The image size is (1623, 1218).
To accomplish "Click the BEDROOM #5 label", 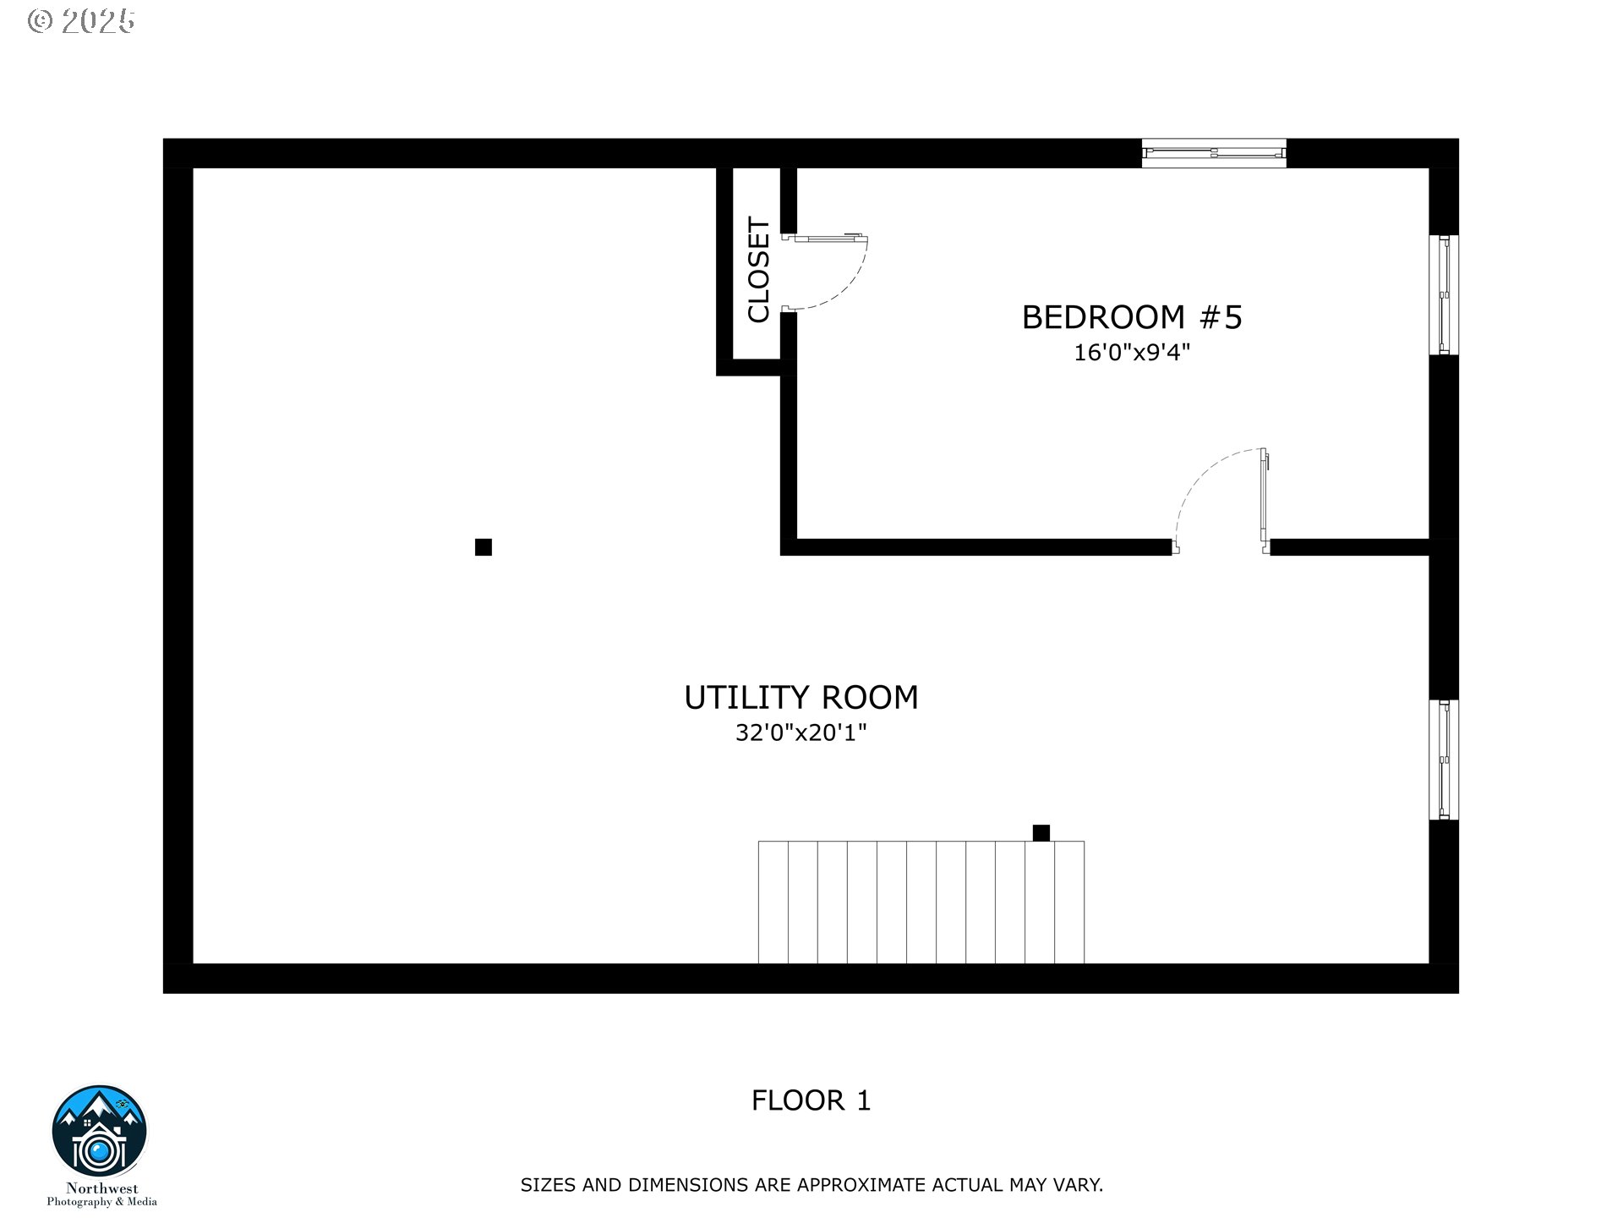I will (x=1132, y=317).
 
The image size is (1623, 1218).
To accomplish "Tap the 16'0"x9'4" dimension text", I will (x=1132, y=352).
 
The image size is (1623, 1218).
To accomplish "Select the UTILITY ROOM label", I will (x=801, y=698).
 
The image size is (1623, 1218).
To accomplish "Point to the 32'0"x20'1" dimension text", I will (x=801, y=732).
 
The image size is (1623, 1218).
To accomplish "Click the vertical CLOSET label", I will (x=758, y=270).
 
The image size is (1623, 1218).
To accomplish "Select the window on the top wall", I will (x=1214, y=153).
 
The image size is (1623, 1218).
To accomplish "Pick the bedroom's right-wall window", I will (x=1444, y=294).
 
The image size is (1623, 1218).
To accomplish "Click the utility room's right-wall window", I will (x=1444, y=760).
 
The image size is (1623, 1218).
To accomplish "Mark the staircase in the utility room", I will (x=921, y=902).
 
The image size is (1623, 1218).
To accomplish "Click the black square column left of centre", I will (x=484, y=547).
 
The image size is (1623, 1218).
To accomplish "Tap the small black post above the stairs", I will (x=1041, y=833).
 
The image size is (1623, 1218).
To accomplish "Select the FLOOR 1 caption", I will (x=811, y=1100).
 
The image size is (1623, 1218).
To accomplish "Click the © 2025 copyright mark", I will (x=81, y=21).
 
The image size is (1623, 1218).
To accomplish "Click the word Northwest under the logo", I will (x=101, y=1188).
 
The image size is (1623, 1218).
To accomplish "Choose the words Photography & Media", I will (x=101, y=1202).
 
